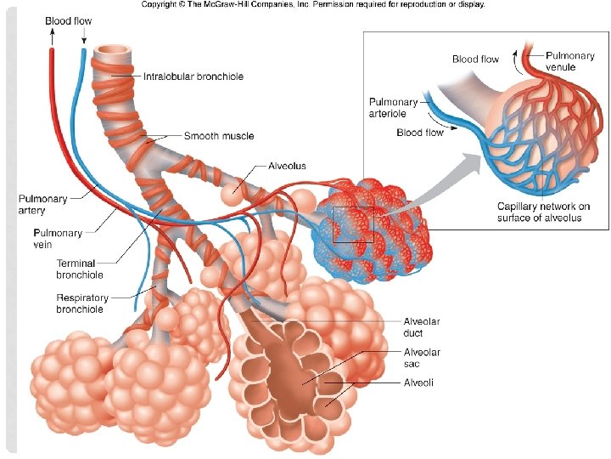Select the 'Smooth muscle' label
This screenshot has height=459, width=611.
219,136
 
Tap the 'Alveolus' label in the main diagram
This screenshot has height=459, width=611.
287,167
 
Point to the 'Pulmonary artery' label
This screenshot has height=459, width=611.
43,204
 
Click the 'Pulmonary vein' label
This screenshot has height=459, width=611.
58,238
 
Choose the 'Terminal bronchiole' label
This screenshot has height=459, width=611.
80,269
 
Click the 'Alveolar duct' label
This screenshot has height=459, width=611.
421,327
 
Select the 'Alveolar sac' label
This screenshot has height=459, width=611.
421,358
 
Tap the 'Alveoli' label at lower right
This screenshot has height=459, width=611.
418,383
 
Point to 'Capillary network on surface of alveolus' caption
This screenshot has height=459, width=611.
543,212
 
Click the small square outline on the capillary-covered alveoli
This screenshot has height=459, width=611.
353,224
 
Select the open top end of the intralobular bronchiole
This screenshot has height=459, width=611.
113,53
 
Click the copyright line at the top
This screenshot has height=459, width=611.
313,4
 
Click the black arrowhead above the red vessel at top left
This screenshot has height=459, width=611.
51,36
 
